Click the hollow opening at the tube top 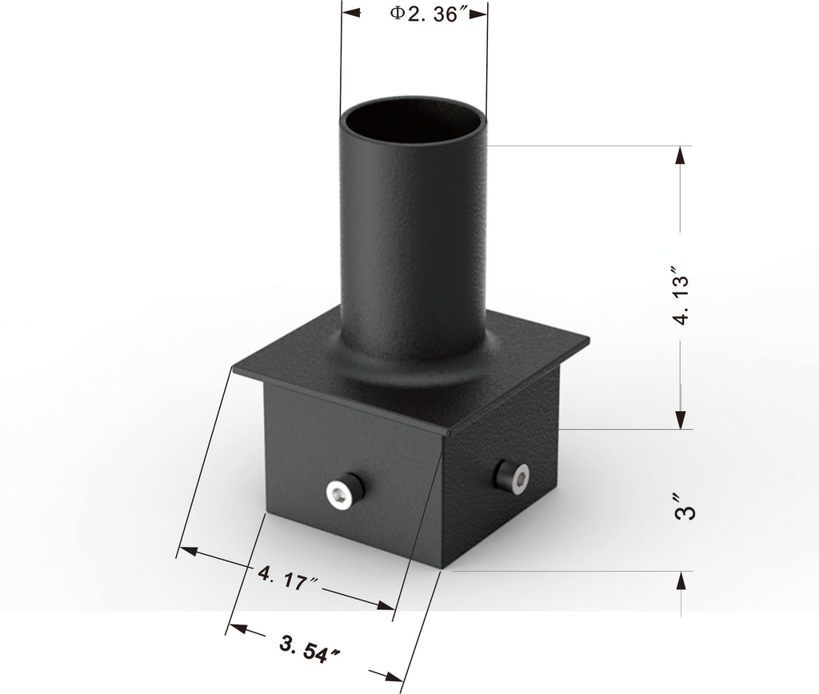(x=413, y=122)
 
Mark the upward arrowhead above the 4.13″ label (x=681, y=155)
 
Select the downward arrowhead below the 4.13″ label (x=681, y=419)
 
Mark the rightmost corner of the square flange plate (x=588, y=341)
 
